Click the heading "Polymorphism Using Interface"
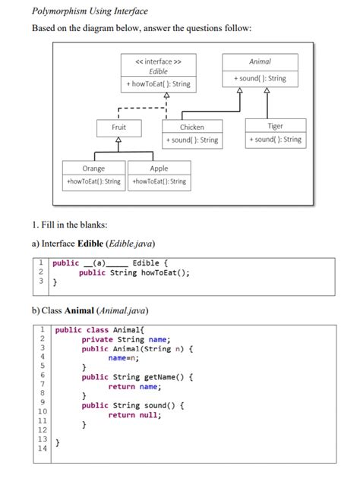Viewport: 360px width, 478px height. [x=90, y=11]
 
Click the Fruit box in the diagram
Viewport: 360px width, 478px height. [x=119, y=127]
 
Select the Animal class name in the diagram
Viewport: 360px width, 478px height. [x=260, y=61]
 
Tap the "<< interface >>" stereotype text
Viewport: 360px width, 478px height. [x=158, y=61]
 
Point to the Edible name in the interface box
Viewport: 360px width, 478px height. [x=158, y=71]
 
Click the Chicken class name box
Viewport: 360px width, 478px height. [x=191, y=127]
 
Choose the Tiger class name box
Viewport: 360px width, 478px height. [x=275, y=127]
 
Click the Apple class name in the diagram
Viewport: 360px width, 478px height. [x=159, y=168]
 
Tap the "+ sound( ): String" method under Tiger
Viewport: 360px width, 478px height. [x=275, y=140]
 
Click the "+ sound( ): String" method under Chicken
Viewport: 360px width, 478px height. [x=191, y=140]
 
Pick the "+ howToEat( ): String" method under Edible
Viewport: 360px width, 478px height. [x=158, y=84]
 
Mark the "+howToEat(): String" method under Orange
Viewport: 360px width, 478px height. [x=93, y=181]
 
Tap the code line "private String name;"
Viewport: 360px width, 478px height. [x=126, y=339]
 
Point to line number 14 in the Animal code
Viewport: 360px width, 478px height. [x=43, y=448]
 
